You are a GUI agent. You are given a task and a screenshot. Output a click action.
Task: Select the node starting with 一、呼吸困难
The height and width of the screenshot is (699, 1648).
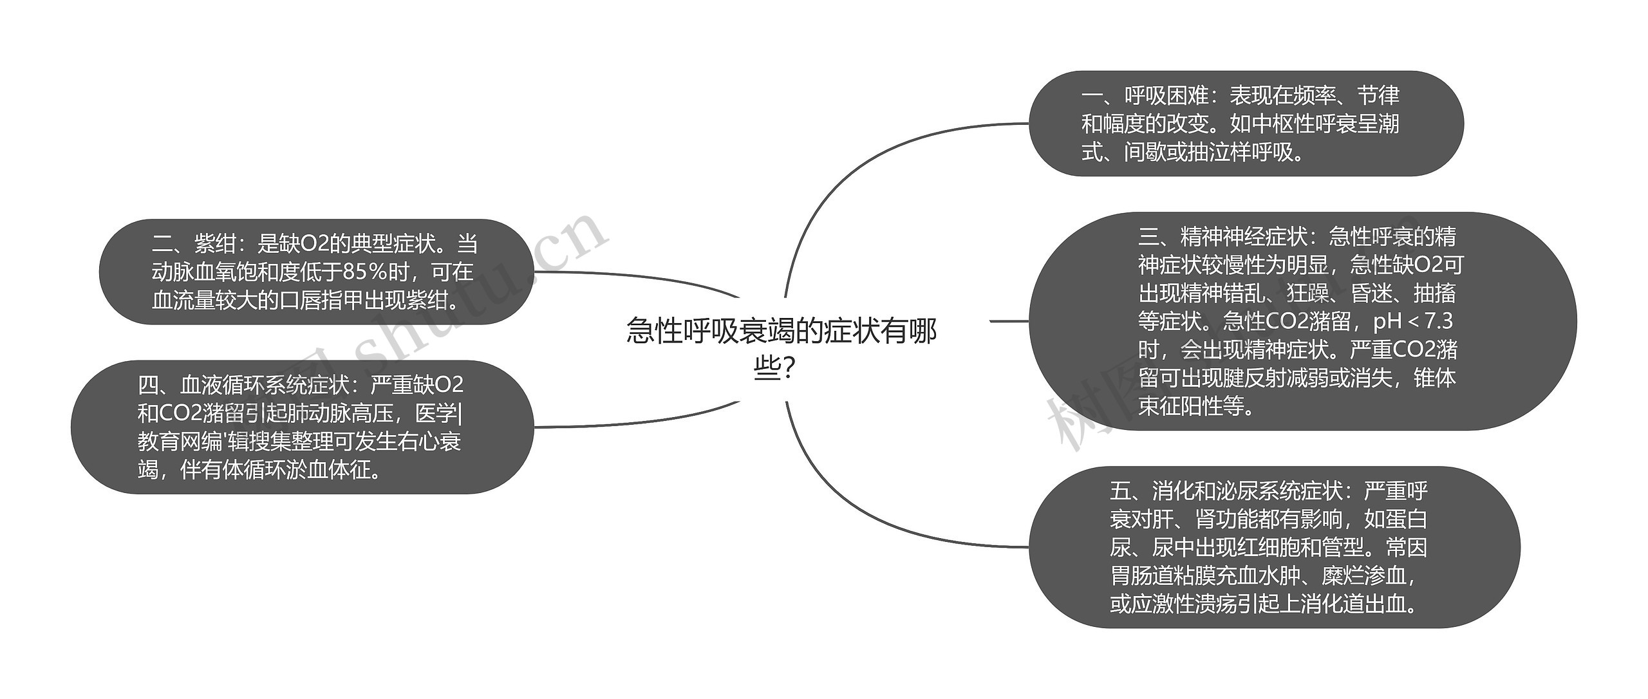(x=1246, y=124)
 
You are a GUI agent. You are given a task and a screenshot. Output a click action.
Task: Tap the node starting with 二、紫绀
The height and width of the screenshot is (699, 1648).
(x=315, y=272)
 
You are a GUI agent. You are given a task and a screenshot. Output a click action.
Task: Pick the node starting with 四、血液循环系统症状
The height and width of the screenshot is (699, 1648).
(x=301, y=427)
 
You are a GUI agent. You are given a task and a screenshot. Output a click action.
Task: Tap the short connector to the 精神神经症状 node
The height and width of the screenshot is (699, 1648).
(x=1009, y=321)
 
